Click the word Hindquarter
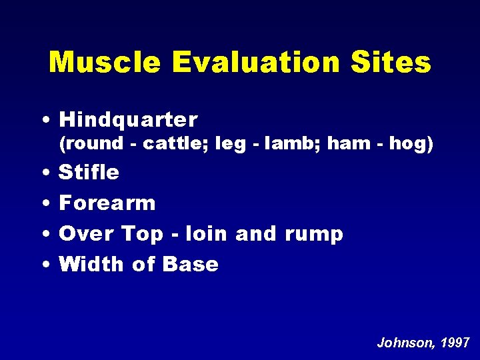tap(128, 120)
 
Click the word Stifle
tap(89, 173)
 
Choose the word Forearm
tap(107, 203)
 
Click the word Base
tap(190, 264)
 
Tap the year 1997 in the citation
tap(457, 343)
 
